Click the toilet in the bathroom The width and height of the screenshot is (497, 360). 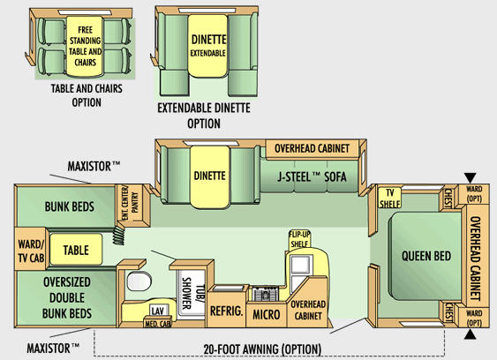(x=139, y=281)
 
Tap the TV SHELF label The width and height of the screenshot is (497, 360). (x=389, y=198)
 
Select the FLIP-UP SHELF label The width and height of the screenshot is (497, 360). (x=299, y=239)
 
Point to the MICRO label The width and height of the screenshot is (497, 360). (x=267, y=314)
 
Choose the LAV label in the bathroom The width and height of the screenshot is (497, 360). (x=157, y=311)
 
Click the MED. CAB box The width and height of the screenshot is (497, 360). (x=158, y=322)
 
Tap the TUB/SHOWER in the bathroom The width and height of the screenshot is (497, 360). (x=192, y=293)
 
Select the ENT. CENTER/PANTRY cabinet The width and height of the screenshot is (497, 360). (x=132, y=205)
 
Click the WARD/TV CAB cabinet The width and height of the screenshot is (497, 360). (x=31, y=250)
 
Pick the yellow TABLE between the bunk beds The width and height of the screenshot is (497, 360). (x=76, y=250)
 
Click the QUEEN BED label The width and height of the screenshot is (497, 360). (x=426, y=256)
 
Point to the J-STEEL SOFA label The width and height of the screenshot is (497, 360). (x=312, y=176)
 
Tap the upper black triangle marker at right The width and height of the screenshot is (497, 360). (x=471, y=177)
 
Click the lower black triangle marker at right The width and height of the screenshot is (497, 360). (x=471, y=334)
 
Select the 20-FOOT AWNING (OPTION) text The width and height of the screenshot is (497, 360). (x=262, y=349)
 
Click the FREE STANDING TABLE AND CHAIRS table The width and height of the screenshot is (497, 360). (x=85, y=46)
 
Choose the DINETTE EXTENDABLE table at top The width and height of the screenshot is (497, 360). (x=208, y=46)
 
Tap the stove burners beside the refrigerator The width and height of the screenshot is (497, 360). (x=266, y=294)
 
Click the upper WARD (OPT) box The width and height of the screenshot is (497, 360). (x=474, y=194)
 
